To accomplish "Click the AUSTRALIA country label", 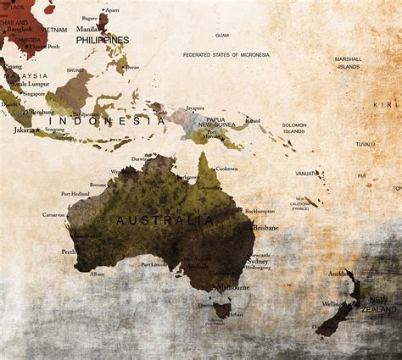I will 165,220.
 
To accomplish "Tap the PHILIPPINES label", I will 103,40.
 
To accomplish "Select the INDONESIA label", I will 107,121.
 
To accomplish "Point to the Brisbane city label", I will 265,228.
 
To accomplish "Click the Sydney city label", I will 257,262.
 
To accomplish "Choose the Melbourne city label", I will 232,287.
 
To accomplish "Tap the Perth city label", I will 69,252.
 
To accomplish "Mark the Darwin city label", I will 140,158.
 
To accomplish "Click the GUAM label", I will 222,36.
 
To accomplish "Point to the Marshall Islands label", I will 348,63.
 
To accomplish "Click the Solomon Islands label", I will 294,129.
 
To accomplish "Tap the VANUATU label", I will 306,174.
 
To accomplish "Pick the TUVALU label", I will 366,144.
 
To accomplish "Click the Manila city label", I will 87,28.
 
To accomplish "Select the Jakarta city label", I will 25,130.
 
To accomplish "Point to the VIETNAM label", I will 53,29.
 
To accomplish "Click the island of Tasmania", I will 222,311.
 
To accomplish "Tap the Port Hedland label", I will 75,194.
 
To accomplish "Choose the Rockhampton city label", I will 260,210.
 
